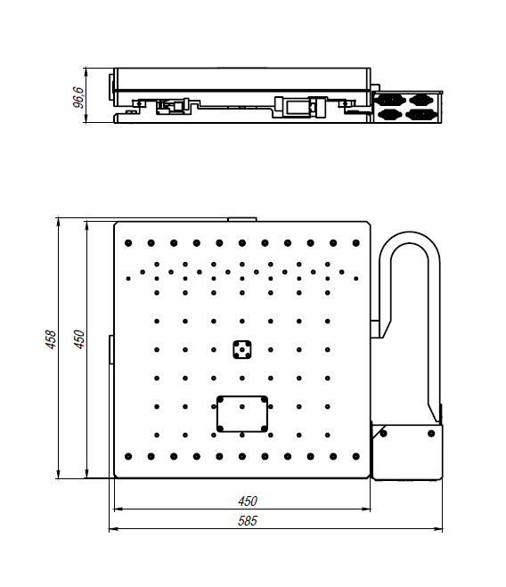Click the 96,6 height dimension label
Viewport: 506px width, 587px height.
click(78, 97)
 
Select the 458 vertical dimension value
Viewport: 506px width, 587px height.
click(51, 339)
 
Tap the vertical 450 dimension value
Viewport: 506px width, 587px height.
click(79, 339)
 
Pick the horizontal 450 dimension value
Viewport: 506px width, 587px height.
click(248, 501)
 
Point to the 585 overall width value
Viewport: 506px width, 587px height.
click(248, 521)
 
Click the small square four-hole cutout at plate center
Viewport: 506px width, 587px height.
click(242, 350)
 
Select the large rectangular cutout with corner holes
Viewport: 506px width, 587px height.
click(242, 414)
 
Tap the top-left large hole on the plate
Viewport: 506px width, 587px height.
click(128, 243)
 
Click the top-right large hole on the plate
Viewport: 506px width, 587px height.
click(356, 243)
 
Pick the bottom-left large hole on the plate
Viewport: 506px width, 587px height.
click(128, 456)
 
